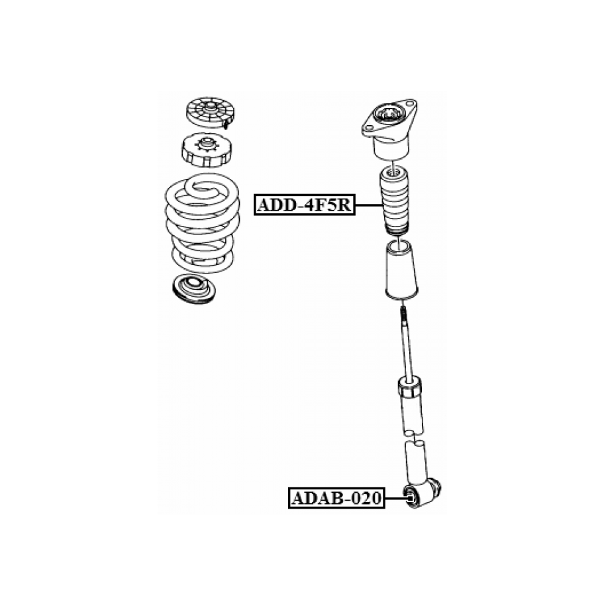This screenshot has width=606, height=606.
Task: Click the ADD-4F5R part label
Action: pos(304,205)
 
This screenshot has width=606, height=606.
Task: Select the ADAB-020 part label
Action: pos(336,498)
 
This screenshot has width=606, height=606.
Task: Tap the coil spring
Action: pos(202,223)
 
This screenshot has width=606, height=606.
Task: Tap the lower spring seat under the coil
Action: pos(193,289)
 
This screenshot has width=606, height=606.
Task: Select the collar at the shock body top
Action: pos(410,388)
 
